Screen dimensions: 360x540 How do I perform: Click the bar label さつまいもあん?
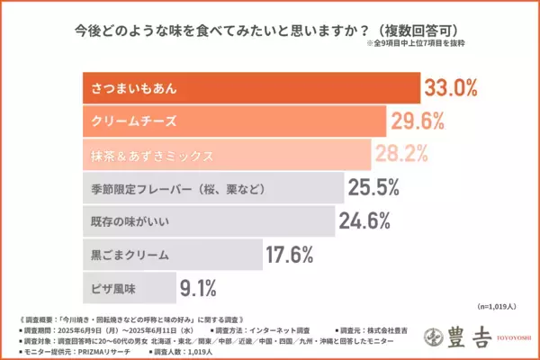pyautogui.click(x=133, y=88)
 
